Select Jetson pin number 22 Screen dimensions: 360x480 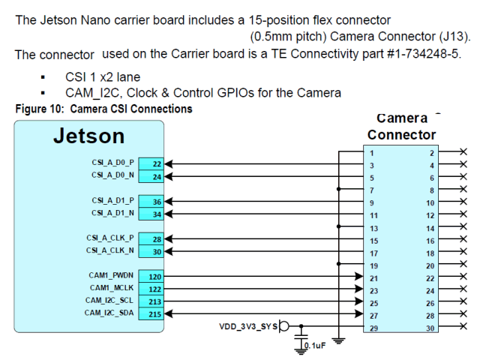155,163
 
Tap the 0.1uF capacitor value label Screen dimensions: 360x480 312,346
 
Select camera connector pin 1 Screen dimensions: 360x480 372,153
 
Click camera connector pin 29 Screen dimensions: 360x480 373,328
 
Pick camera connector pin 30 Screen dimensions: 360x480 430,328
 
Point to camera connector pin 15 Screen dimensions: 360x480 373,241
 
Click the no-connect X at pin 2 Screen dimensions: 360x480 463,152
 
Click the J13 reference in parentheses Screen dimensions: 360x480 452,35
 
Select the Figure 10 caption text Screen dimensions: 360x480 103,109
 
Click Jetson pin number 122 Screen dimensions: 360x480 154,289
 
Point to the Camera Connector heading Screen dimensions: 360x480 401,127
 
